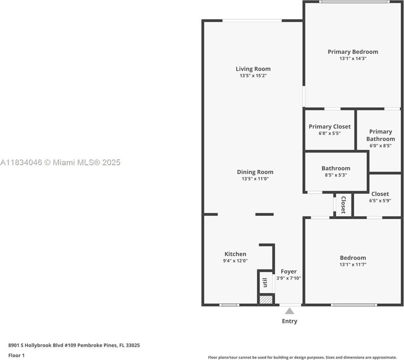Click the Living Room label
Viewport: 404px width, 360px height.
[x=253, y=69]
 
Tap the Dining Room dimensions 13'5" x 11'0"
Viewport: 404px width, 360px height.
[x=255, y=178]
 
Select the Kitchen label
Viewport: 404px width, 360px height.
[x=235, y=254]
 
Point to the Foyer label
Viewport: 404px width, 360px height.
[x=289, y=271]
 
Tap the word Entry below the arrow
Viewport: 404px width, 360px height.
[x=289, y=321]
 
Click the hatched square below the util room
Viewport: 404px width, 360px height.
[x=266, y=299]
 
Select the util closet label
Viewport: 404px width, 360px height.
[x=265, y=283]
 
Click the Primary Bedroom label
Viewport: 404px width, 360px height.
[x=353, y=52]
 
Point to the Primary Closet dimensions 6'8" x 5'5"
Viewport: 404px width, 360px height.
[x=329, y=133]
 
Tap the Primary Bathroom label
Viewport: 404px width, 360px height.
[x=380, y=135]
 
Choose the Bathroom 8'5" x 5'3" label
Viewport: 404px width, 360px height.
[x=336, y=171]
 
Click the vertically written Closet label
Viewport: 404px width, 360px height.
[x=343, y=205]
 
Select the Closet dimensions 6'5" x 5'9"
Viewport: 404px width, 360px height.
[x=380, y=201]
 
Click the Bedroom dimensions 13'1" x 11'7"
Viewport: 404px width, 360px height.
[x=353, y=264]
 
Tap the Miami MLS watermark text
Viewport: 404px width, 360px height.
[x=60, y=162]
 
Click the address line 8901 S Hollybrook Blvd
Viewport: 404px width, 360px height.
[x=74, y=345]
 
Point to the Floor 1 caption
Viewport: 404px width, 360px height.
[x=16, y=355]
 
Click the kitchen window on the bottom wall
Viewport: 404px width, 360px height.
[x=229, y=305]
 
